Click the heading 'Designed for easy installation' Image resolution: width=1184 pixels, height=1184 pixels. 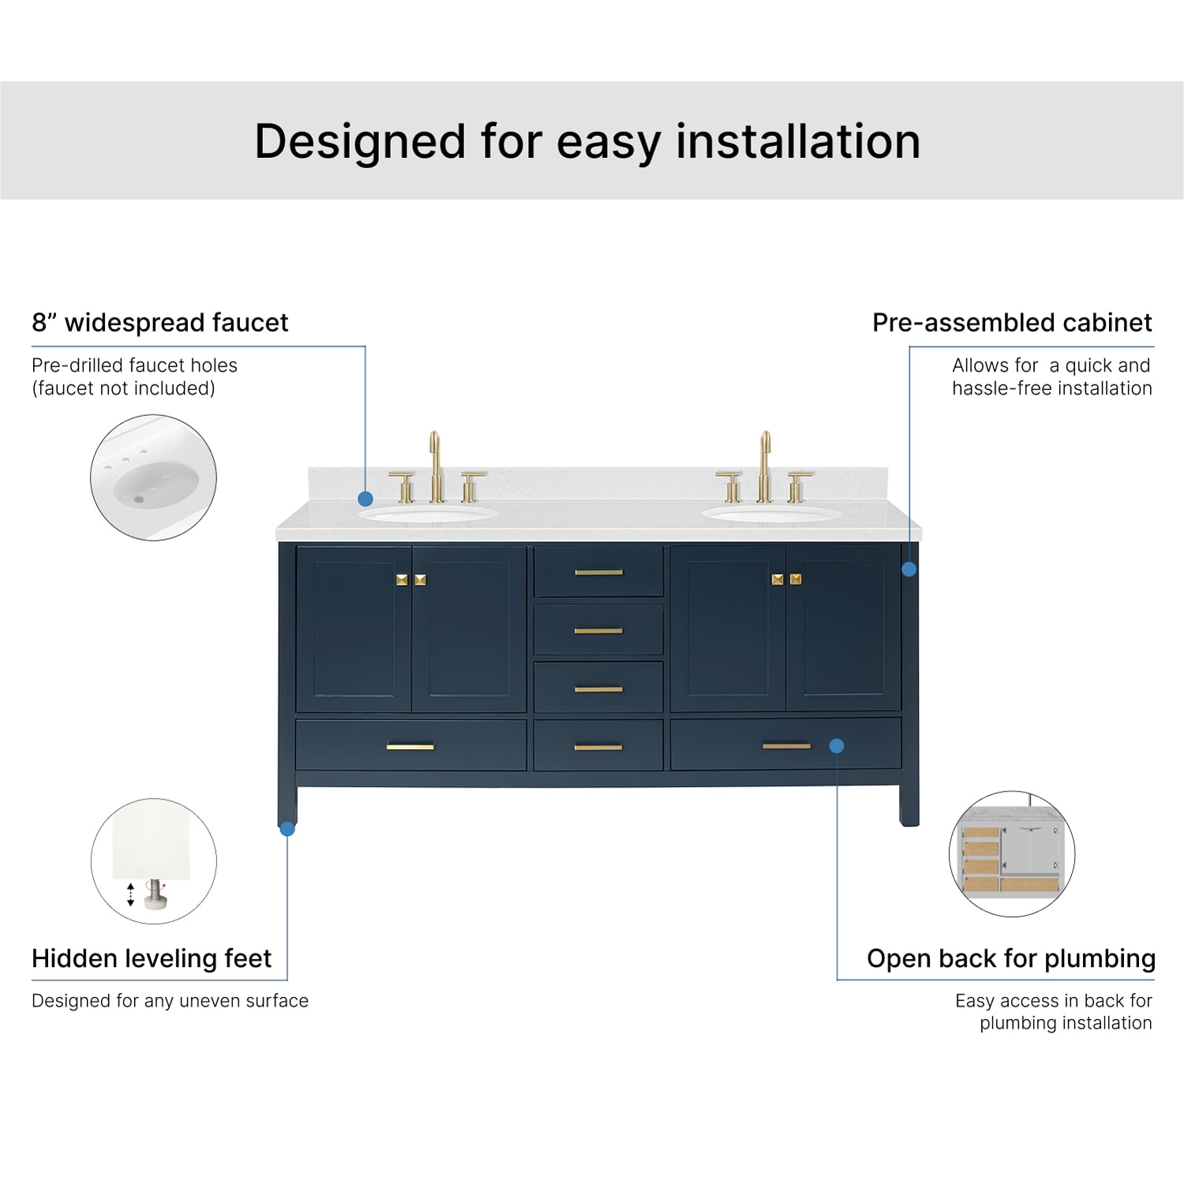587,142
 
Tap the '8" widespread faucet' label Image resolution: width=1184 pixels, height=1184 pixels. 160,323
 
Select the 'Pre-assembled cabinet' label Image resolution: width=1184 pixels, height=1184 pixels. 1012,323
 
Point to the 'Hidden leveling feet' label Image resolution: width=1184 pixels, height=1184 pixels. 152,958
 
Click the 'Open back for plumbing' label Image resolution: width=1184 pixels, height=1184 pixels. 1011,958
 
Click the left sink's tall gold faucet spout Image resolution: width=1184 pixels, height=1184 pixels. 435,466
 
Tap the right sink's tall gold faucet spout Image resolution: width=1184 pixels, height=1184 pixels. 764,466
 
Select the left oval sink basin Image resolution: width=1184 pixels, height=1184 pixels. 428,514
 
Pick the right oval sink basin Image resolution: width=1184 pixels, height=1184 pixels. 773,514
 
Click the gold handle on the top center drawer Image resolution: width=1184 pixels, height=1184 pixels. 598,572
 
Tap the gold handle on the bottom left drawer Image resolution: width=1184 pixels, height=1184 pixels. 410,747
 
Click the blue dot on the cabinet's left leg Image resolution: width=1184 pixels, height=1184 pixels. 287,829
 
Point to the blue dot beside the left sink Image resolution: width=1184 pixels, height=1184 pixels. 365,499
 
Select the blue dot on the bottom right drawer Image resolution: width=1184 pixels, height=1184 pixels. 837,746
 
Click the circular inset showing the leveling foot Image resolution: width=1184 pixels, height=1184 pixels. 154,861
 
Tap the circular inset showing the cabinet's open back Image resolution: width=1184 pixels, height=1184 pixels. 1012,854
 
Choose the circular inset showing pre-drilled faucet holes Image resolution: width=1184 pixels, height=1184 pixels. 153,478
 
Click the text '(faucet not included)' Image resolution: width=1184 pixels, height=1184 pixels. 123,388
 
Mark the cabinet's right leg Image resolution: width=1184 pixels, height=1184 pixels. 909,805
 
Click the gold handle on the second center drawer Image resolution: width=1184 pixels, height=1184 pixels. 598,631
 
